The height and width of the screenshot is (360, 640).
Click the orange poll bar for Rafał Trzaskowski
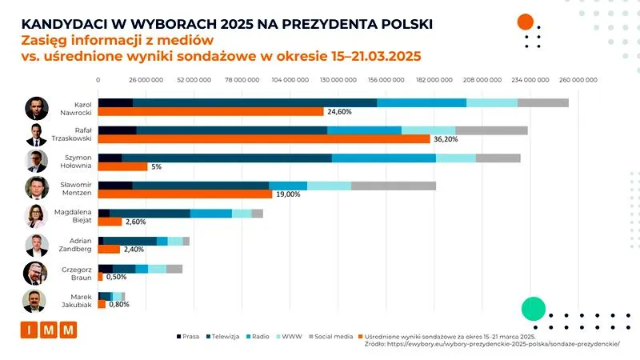[264, 139]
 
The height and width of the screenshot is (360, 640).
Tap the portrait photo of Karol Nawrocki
[37, 108]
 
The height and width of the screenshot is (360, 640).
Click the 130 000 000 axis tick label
[338, 80]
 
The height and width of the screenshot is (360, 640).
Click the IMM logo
[48, 330]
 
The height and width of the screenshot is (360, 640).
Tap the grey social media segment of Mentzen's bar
[394, 186]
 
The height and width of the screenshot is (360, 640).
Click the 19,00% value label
[288, 194]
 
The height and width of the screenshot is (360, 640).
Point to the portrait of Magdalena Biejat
[37, 217]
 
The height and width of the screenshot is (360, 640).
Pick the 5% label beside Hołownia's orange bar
[156, 166]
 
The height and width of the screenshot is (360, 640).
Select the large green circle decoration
[533, 309]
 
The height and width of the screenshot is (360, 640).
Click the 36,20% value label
[446, 139]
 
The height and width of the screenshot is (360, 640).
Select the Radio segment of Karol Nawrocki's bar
[421, 102]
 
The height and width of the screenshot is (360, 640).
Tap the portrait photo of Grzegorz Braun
[37, 273]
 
